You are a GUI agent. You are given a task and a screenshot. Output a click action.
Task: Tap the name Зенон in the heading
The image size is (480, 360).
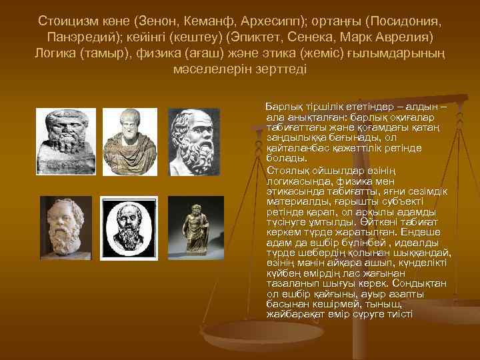pyautogui.click(x=152, y=20)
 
